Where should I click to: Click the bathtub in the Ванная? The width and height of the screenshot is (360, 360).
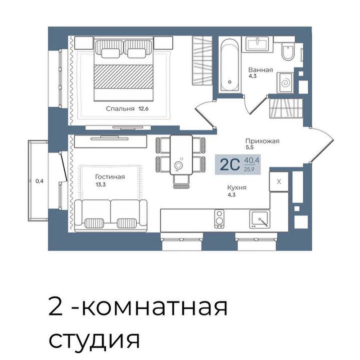pyautogui.click(x=229, y=65)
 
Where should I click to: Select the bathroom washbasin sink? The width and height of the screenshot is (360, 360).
pyautogui.click(x=257, y=44)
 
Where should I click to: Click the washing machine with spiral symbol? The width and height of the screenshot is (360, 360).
pyautogui.click(x=285, y=83)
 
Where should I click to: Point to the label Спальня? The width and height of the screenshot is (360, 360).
pyautogui.click(x=120, y=109)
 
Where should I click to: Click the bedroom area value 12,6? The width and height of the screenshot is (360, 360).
pyautogui.click(x=143, y=108)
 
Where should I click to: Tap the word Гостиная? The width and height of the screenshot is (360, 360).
pyautogui.click(x=110, y=177)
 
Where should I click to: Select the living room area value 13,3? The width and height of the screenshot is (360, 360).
pyautogui.click(x=100, y=184)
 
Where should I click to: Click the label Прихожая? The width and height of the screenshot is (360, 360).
pyautogui.click(x=262, y=141)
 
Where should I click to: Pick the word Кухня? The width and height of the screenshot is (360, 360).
pyautogui.click(x=237, y=188)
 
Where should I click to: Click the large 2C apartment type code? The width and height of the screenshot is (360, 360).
pyautogui.click(x=230, y=165)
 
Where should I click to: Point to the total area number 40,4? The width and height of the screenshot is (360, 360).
pyautogui.click(x=252, y=160)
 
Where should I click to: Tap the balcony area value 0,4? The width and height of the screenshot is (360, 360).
pyautogui.click(x=40, y=181)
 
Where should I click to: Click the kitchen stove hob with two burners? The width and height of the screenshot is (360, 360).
pyautogui.click(x=219, y=219)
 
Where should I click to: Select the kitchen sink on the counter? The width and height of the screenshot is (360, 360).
pyautogui.click(x=260, y=219)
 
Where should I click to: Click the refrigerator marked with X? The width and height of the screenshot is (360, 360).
pyautogui.click(x=279, y=181)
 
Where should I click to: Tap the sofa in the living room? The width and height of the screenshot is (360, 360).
pyautogui.click(x=111, y=216)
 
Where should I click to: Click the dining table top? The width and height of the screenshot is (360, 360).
pyautogui.click(x=181, y=155)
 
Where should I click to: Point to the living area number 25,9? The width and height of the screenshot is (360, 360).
pyautogui.click(x=249, y=170)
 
